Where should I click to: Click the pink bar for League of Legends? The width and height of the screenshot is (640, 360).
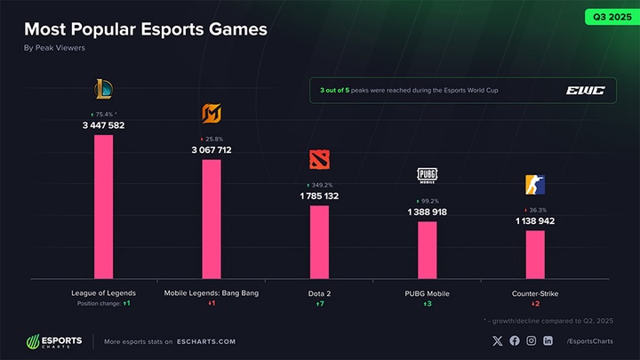pos(103,206)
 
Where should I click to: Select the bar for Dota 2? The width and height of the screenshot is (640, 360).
pos(319,242)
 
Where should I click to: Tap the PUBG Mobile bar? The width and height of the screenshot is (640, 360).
pos(428,250)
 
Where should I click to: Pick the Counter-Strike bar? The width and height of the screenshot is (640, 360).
pos(535,254)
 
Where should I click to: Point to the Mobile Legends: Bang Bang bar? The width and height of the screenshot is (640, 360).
pos(212,219)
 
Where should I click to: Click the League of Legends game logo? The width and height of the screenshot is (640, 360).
pos(104,89)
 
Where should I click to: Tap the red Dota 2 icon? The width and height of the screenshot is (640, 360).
pos(319,159)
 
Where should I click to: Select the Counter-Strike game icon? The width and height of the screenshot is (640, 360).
pos(535,185)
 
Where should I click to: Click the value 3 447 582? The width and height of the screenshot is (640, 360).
pos(104,126)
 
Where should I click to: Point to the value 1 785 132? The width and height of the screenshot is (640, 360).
pos(319,196)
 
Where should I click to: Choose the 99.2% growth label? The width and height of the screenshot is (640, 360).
pos(428,201)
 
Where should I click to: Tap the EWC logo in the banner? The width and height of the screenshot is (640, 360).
pos(584,90)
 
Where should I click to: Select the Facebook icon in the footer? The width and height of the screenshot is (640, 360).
pos(513,340)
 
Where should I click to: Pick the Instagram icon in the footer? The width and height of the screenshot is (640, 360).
pos(531,340)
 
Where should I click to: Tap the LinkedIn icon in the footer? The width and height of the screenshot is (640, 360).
pos(548,340)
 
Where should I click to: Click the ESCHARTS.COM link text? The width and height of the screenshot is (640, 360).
pos(206,340)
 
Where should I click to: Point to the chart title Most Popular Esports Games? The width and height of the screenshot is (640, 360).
pos(145,29)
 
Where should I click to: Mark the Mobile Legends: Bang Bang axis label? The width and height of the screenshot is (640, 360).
pos(212,292)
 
